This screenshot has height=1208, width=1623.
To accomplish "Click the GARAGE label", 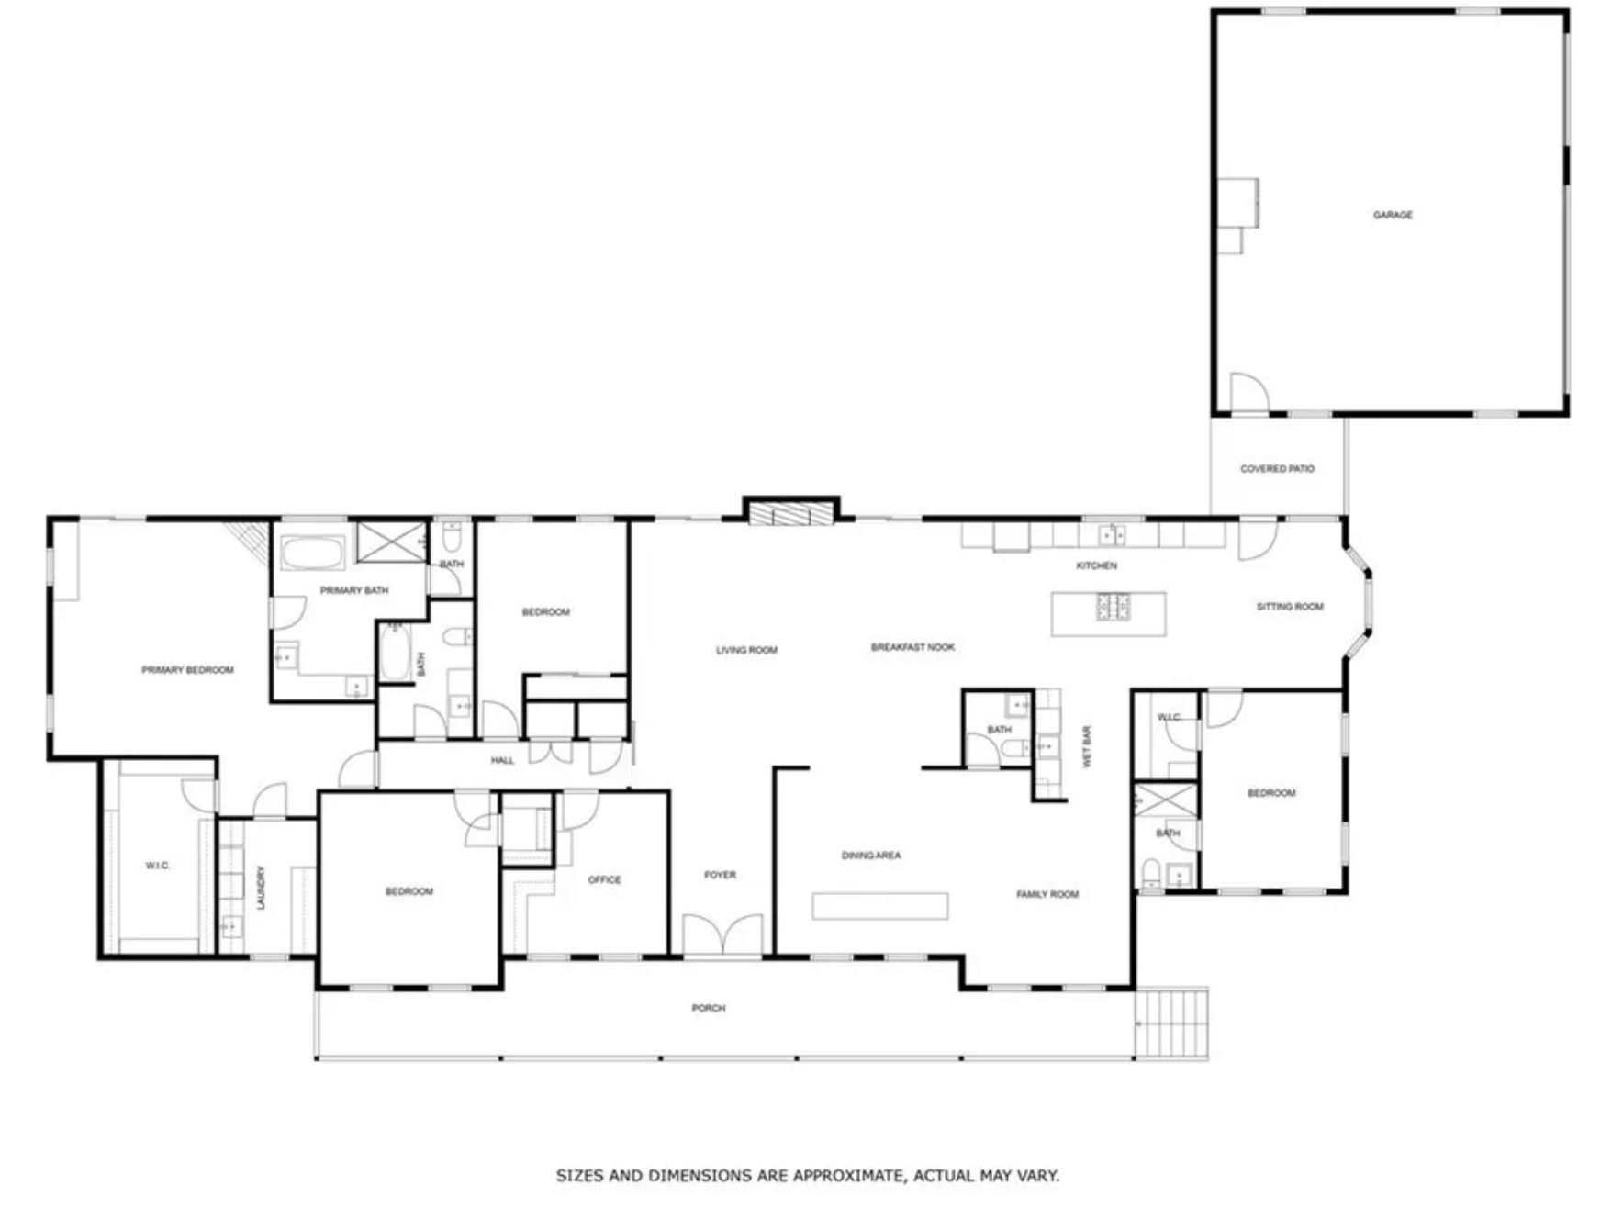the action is pyautogui.click(x=1393, y=215).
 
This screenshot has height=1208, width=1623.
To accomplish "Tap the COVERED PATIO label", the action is pyautogui.click(x=1277, y=468).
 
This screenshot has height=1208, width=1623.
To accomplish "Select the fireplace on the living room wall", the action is pyautogui.click(x=790, y=512).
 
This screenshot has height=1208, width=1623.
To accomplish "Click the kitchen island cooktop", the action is pyautogui.click(x=1113, y=606).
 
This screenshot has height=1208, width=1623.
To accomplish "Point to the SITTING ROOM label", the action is pyautogui.click(x=1290, y=607).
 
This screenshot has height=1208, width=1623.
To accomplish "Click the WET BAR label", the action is pyautogui.click(x=1087, y=747).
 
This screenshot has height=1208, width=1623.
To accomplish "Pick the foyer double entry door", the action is pyautogui.click(x=722, y=934).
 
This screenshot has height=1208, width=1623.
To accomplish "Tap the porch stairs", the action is pyautogui.click(x=1171, y=1023).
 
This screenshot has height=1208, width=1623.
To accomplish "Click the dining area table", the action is pyautogui.click(x=879, y=906).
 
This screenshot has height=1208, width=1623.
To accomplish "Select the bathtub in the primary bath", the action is pyautogui.click(x=312, y=554).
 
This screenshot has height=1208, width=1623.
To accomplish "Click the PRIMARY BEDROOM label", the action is pyautogui.click(x=187, y=670).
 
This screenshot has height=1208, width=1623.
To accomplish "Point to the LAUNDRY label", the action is pyautogui.click(x=262, y=888).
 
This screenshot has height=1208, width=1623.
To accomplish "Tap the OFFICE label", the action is pyautogui.click(x=604, y=879).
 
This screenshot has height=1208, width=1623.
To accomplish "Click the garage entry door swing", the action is pyautogui.click(x=1249, y=392).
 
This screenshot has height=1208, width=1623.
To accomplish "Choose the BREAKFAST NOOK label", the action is pyautogui.click(x=912, y=647).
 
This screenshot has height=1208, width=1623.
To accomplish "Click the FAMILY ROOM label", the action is pyautogui.click(x=1047, y=894).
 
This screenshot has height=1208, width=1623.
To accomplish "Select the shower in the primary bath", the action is pyautogui.click(x=391, y=541).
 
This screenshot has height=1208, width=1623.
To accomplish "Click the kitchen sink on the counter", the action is pyautogui.click(x=1113, y=534).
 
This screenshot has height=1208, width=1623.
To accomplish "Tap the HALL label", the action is pyautogui.click(x=502, y=760).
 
